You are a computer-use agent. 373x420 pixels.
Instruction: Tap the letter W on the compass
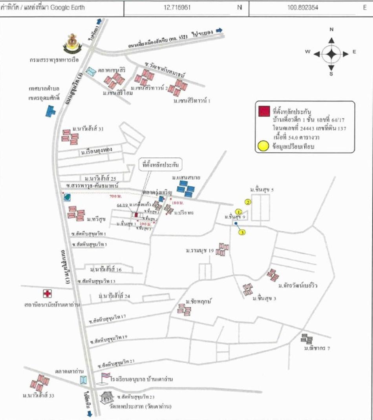tap(308, 52)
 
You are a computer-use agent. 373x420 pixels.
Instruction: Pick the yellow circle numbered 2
tap(248, 202)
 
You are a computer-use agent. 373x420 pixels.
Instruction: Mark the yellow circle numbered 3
tap(243, 232)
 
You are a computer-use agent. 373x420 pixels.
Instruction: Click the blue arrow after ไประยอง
tap(219, 30)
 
